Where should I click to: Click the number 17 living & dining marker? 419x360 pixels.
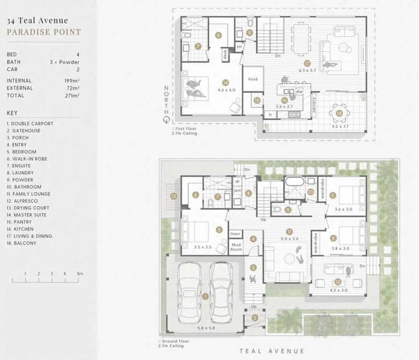(x=307, y=63)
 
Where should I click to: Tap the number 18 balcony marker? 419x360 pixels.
(x=339, y=113)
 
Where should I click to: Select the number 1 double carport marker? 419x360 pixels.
(x=205, y=297)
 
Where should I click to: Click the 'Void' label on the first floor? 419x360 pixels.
(x=253, y=79)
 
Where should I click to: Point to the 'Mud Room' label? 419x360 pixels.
(x=236, y=247)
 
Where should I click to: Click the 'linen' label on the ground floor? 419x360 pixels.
(x=236, y=234)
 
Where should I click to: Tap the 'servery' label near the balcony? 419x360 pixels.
(x=314, y=105)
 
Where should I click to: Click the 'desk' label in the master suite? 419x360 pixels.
(x=225, y=54)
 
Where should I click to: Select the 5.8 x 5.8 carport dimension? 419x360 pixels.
(x=206, y=328)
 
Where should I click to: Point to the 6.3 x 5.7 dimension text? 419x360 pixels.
(x=307, y=70)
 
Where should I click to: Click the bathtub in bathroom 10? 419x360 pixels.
(x=294, y=182)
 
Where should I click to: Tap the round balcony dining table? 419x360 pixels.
(x=339, y=113)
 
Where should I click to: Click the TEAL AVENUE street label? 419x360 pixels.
(x=272, y=351)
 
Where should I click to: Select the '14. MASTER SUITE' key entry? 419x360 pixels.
(x=27, y=215)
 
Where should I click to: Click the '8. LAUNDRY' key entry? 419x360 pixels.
(x=20, y=173)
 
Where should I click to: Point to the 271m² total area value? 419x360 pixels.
(x=72, y=96)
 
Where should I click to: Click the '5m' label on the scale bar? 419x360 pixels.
(x=80, y=274)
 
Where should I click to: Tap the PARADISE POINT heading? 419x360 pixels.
(x=44, y=32)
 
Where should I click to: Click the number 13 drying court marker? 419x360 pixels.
(x=174, y=197)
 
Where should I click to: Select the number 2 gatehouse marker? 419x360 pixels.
(x=255, y=318)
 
